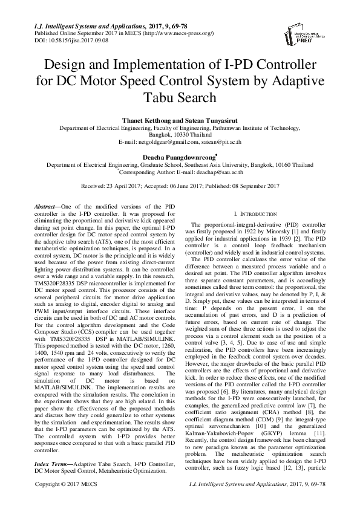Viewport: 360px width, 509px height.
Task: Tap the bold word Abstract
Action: coord(46,207)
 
